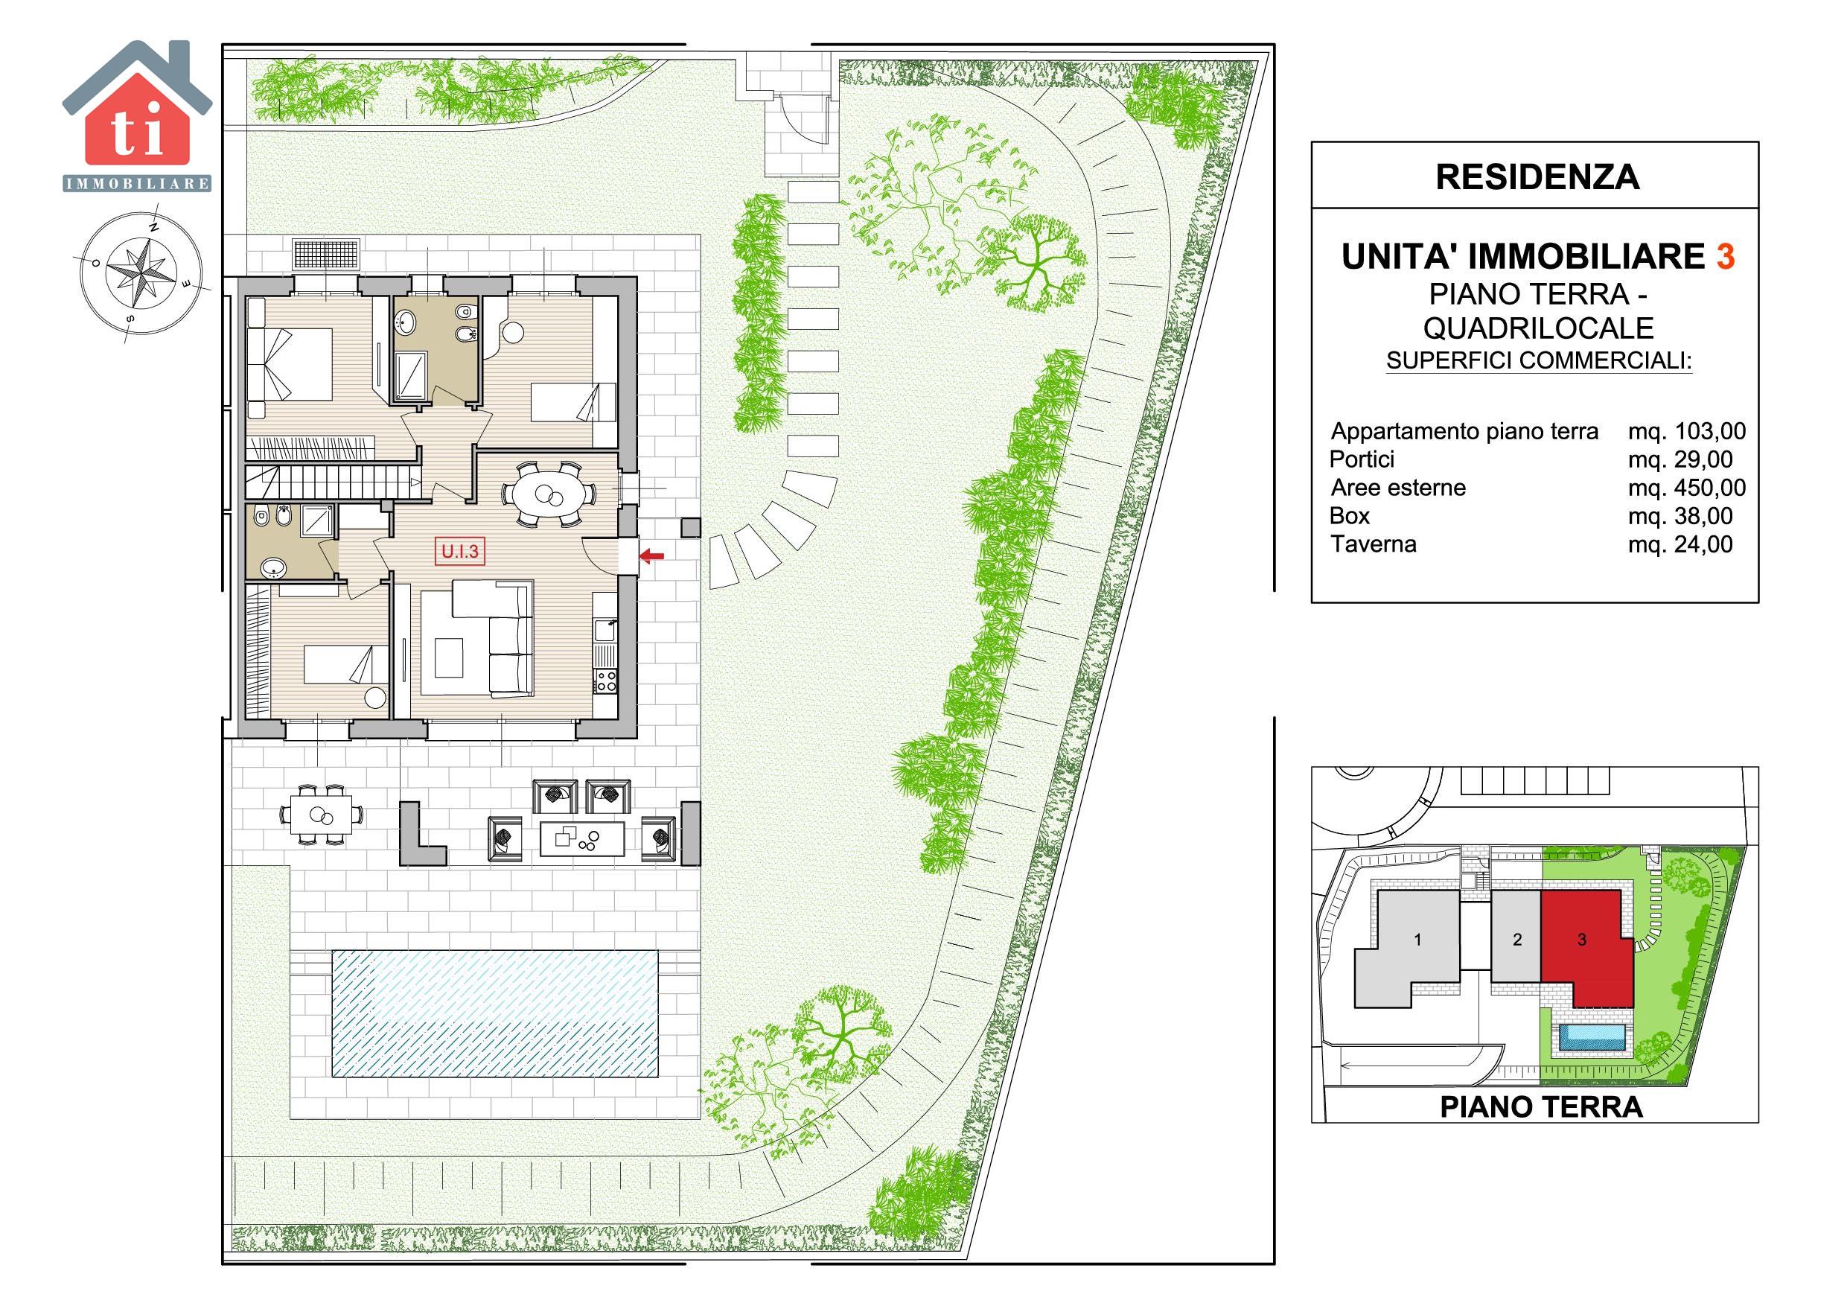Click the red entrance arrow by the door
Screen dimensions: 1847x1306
pyautogui.click(x=651, y=555)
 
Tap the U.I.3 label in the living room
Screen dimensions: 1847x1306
pyautogui.click(x=460, y=552)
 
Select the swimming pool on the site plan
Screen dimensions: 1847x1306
pyautogui.click(x=496, y=1014)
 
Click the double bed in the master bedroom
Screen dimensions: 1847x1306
pyautogui.click(x=290, y=365)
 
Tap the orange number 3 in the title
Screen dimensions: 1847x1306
pyautogui.click(x=1725, y=258)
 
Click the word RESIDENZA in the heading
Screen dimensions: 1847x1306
pyautogui.click(x=1537, y=177)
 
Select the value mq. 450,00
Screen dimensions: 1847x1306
pyautogui.click(x=1686, y=488)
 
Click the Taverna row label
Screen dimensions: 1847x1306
pyautogui.click(x=1374, y=544)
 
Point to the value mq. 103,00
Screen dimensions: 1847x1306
pyautogui.click(x=1686, y=431)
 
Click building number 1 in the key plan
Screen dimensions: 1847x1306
pyautogui.click(x=1417, y=939)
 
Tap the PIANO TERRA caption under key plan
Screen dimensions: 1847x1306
pyautogui.click(x=1540, y=1107)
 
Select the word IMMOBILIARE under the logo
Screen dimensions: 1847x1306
pyautogui.click(x=138, y=184)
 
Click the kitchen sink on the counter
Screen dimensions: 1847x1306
pyautogui.click(x=604, y=631)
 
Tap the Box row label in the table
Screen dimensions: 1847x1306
pyautogui.click(x=1350, y=516)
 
